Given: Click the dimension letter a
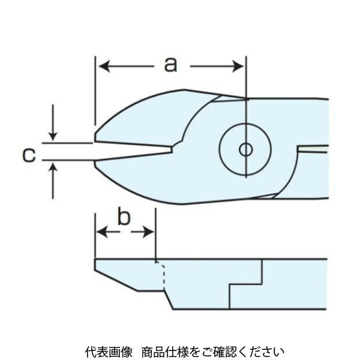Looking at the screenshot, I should point(171,64).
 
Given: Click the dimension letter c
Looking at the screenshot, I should point(28,155).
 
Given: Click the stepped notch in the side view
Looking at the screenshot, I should point(246,283).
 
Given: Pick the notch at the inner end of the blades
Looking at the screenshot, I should point(175,147).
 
